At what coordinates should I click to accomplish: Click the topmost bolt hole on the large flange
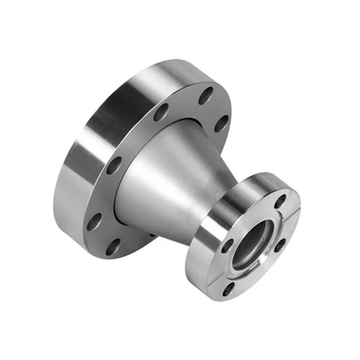[x=206, y=94]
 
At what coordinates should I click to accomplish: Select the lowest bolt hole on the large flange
[x=113, y=247]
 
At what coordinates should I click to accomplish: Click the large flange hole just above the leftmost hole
[x=114, y=166]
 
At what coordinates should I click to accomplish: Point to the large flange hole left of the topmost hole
[x=161, y=112]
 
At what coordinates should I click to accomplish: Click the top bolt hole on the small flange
[x=280, y=202]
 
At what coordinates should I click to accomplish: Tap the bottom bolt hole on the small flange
[x=229, y=288]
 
